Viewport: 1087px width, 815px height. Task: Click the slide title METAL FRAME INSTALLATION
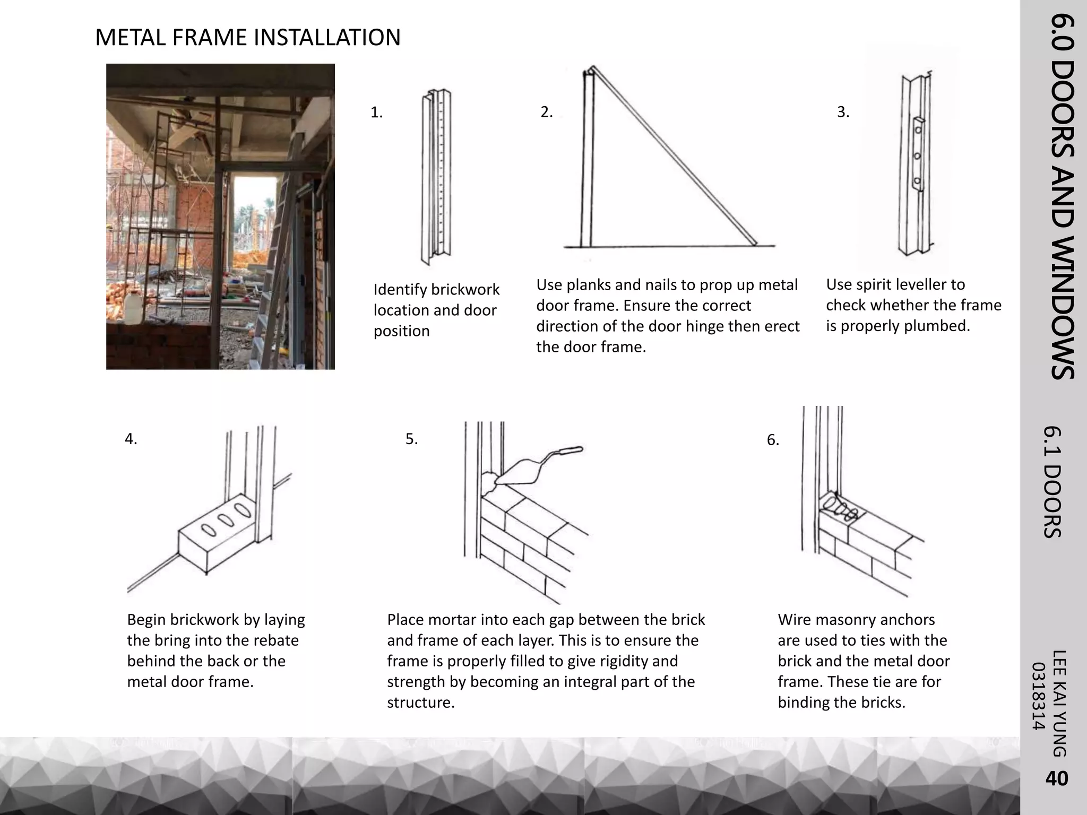click(247, 38)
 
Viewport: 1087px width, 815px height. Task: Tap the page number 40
click(1056, 778)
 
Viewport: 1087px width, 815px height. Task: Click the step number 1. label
click(376, 112)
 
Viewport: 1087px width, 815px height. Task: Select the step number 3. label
click(843, 112)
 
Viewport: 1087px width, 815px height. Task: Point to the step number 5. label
click(411, 439)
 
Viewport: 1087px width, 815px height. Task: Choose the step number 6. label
click(773, 440)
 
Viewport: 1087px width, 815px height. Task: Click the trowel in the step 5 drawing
click(536, 464)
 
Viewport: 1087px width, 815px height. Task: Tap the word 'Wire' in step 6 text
click(795, 620)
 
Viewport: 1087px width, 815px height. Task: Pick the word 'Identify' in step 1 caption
click(400, 290)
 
